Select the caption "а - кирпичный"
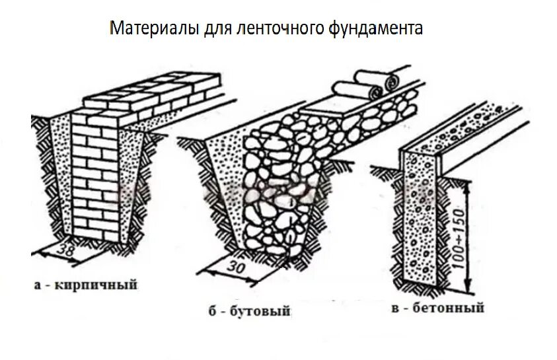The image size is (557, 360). [x=85, y=285]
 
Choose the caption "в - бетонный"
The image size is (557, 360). [x=437, y=308]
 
